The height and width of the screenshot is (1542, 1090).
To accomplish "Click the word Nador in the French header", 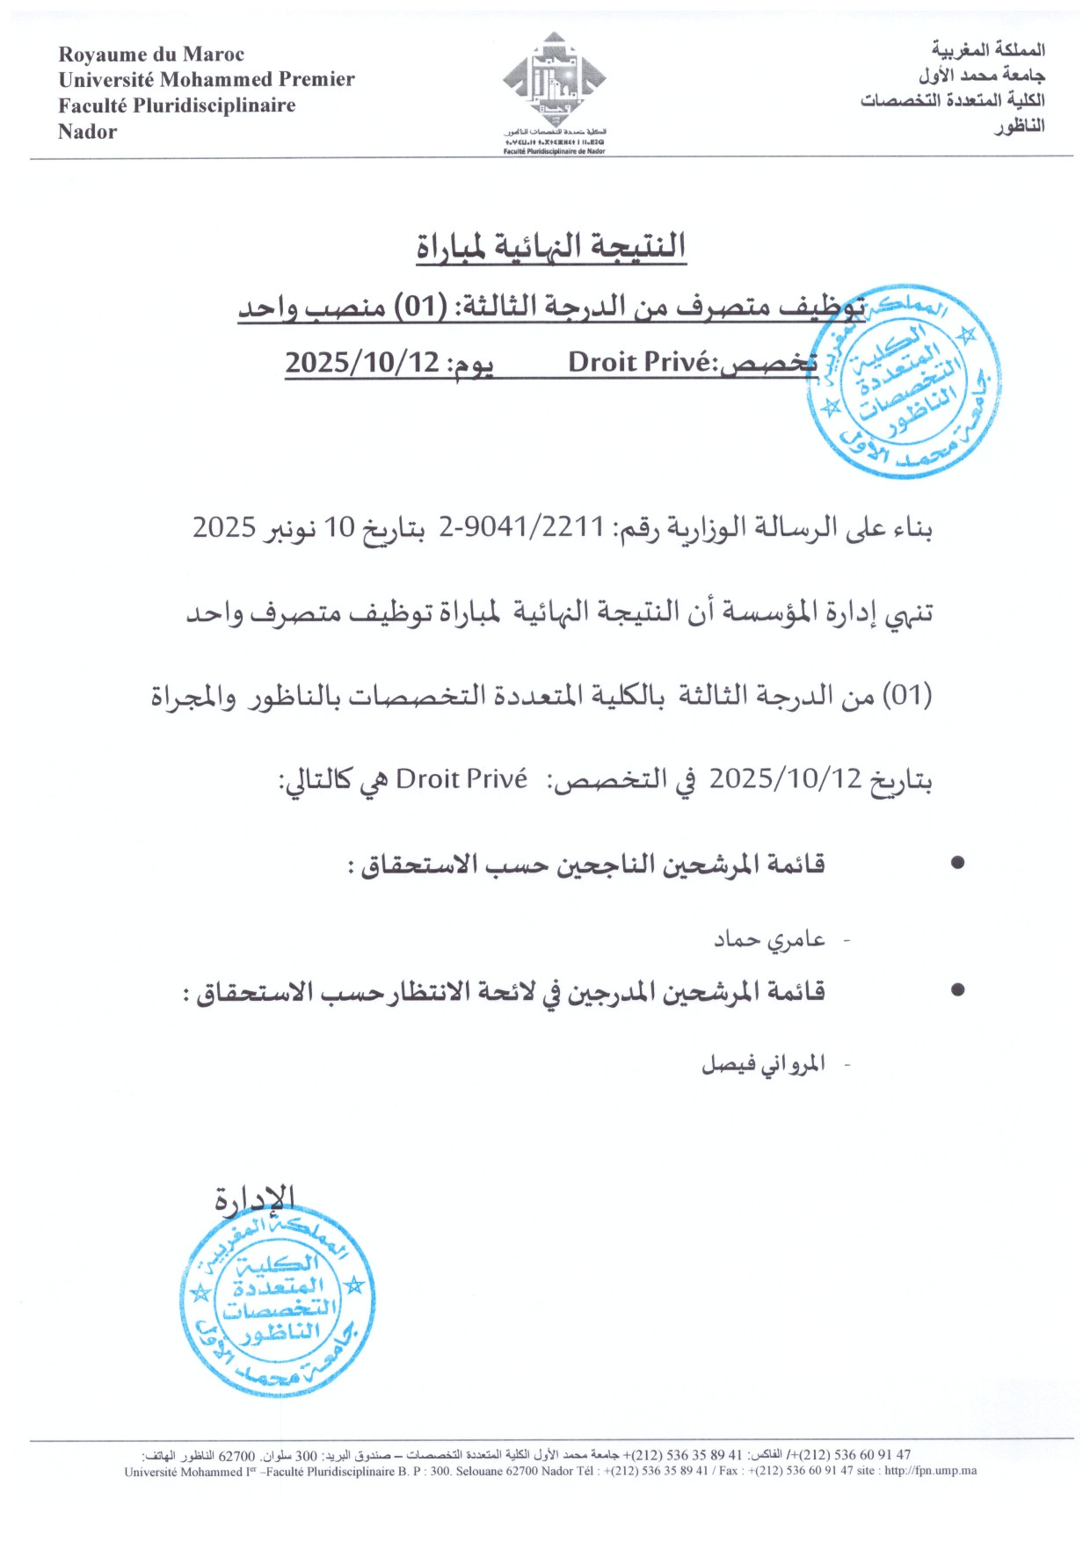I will [x=87, y=132].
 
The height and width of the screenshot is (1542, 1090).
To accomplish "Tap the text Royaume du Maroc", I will [x=151, y=54].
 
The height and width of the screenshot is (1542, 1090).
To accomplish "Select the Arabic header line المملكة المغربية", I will [x=988, y=49].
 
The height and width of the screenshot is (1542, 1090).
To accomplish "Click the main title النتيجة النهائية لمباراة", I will [x=551, y=246].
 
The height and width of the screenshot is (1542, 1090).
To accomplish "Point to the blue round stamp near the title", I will [x=904, y=381].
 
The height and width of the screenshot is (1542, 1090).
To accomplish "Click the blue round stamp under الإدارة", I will [x=278, y=1298].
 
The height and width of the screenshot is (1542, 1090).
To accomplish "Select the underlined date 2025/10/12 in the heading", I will [x=362, y=362].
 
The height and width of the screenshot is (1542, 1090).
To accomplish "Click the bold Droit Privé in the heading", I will [x=639, y=362].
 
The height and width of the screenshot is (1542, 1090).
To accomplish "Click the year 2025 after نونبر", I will [x=224, y=527].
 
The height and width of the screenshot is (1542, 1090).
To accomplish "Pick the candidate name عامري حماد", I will [x=769, y=940].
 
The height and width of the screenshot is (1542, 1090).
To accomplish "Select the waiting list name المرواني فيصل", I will [x=763, y=1064].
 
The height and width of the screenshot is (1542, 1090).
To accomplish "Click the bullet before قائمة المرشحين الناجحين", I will [x=958, y=863].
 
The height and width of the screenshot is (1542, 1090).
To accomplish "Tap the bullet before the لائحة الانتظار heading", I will [x=958, y=990].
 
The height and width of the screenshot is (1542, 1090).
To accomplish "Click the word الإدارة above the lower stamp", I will [x=255, y=1198].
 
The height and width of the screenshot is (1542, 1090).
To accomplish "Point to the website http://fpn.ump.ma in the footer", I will [x=930, y=1471].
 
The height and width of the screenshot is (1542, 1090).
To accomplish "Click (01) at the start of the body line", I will [x=906, y=696].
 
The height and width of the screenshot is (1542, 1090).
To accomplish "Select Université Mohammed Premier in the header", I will [x=207, y=80].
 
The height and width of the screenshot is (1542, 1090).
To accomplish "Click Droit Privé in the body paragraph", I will [x=461, y=778].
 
